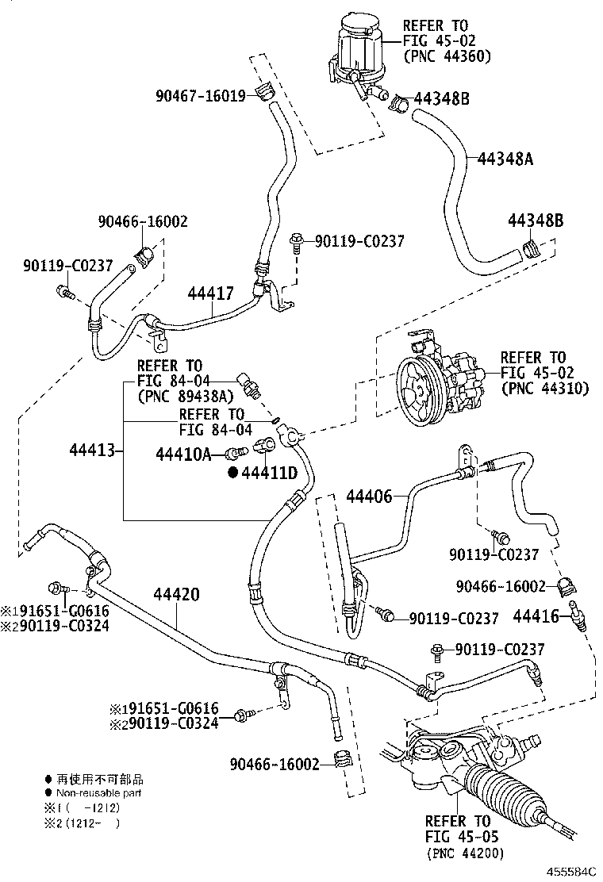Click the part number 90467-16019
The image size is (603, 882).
click(200, 96)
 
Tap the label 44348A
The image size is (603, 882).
click(505, 159)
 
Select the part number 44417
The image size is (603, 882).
click(210, 293)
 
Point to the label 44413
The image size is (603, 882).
click(92, 450)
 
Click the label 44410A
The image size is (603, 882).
click(184, 454)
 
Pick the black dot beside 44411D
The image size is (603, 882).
click(233, 473)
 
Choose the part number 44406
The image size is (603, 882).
click(369, 497)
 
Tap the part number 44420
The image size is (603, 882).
click(177, 594)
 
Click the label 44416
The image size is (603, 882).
click(536, 616)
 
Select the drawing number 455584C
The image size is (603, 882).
click(571, 872)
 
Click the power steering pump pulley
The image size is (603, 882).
click(418, 393)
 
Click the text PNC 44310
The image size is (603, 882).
click(545, 388)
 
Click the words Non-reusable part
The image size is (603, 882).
click(98, 793)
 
